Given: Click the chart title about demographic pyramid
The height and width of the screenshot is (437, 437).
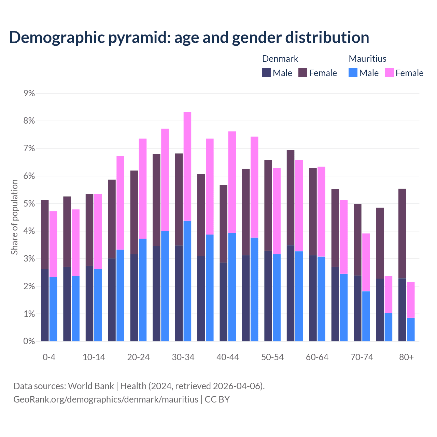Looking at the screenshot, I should pyautogui.click(x=189, y=38).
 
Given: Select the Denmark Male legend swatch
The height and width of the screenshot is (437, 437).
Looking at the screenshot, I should pyautogui.click(x=267, y=73).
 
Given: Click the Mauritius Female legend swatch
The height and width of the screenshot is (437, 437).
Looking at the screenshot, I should pyautogui.click(x=389, y=73).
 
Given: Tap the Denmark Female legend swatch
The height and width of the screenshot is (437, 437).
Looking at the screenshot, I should pyautogui.click(x=303, y=73).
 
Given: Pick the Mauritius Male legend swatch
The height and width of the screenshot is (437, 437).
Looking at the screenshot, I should pyautogui.click(x=353, y=73).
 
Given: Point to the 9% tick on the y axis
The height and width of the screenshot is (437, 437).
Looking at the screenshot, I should pyautogui.click(x=29, y=93).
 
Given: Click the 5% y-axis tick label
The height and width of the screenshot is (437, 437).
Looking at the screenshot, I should pyautogui.click(x=29, y=204).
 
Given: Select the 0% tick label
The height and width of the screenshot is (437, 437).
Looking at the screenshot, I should pyautogui.click(x=29, y=341).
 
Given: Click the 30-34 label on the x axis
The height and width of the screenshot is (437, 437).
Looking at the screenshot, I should pyautogui.click(x=183, y=357).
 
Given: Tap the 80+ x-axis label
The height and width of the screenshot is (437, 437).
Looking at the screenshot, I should pyautogui.click(x=406, y=357).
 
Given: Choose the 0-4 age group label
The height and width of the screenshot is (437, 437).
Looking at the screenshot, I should pyautogui.click(x=49, y=357).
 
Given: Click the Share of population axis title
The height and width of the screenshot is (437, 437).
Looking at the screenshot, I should pyautogui.click(x=14, y=217).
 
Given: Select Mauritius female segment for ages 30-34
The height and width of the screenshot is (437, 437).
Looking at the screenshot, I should pyautogui.click(x=187, y=166).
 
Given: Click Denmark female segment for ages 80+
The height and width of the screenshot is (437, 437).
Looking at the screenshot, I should pyautogui.click(x=402, y=234).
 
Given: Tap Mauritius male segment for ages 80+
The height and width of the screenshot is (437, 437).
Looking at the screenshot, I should pyautogui.click(x=411, y=329).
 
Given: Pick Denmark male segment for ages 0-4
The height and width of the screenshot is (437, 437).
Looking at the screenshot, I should pyautogui.click(x=45, y=305).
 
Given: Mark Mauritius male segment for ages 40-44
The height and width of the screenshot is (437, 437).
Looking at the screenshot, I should pyautogui.click(x=232, y=287).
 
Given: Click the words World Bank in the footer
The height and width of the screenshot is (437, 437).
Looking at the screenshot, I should pyautogui.click(x=91, y=386).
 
